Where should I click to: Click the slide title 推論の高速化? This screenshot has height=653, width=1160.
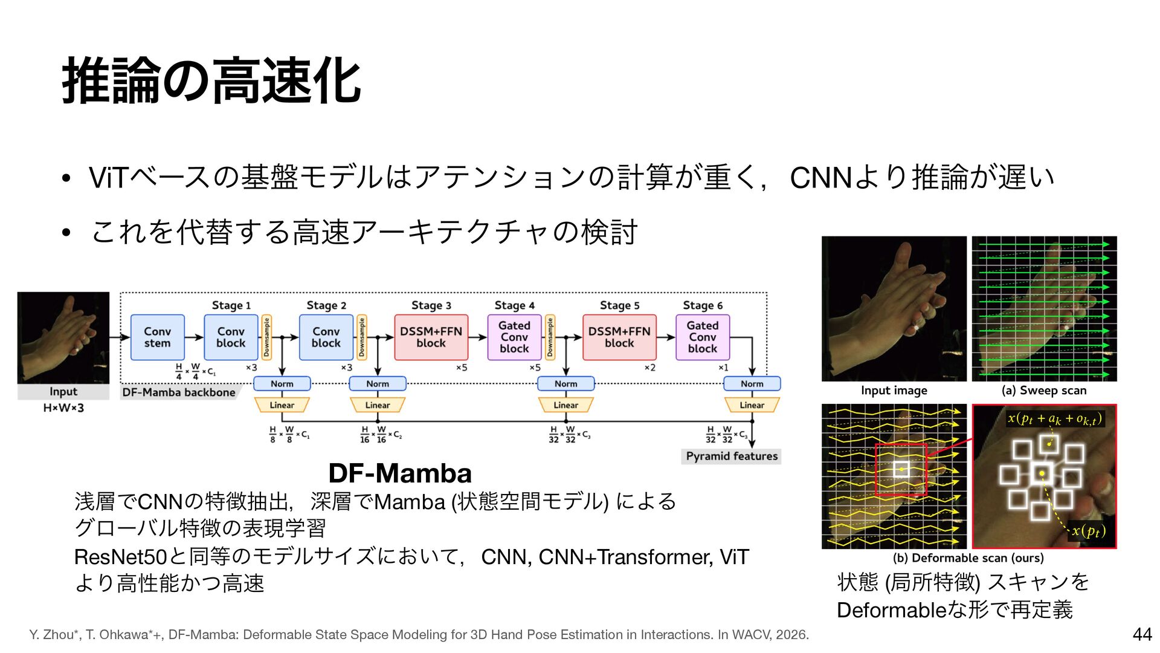point(211,82)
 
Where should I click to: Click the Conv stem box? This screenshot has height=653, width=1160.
point(157,337)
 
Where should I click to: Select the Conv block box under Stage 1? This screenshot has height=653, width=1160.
point(231,337)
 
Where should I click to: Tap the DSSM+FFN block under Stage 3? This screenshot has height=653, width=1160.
point(431,337)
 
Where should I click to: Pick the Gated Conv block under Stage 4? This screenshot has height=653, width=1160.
point(514,337)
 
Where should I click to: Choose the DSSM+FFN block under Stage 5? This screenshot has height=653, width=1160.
point(619,337)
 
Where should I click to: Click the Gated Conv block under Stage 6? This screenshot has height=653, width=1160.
point(703,337)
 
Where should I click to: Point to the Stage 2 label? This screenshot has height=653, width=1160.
point(326,305)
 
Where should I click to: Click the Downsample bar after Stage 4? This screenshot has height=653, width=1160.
point(550,337)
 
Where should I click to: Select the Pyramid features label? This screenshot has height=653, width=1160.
point(732,456)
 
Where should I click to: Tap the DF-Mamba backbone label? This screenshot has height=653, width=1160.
point(178,392)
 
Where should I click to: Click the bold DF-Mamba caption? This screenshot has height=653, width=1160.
point(400,473)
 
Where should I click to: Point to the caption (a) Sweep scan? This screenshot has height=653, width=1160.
point(1044,391)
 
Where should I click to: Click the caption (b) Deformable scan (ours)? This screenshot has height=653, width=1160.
point(968,558)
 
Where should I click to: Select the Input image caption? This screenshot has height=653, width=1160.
point(894,391)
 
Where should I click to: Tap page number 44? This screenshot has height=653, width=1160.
point(1142,634)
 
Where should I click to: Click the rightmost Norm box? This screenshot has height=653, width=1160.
point(752,384)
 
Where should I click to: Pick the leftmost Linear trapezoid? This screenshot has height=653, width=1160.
point(282,405)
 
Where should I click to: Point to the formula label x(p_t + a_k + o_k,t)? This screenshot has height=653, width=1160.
point(1054,418)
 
